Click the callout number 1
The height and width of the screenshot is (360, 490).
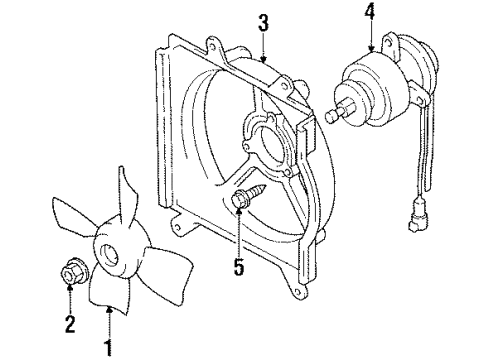(x=108, y=349)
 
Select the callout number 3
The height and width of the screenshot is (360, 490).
(x=262, y=23)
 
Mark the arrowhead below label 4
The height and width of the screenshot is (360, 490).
(x=370, y=47)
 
